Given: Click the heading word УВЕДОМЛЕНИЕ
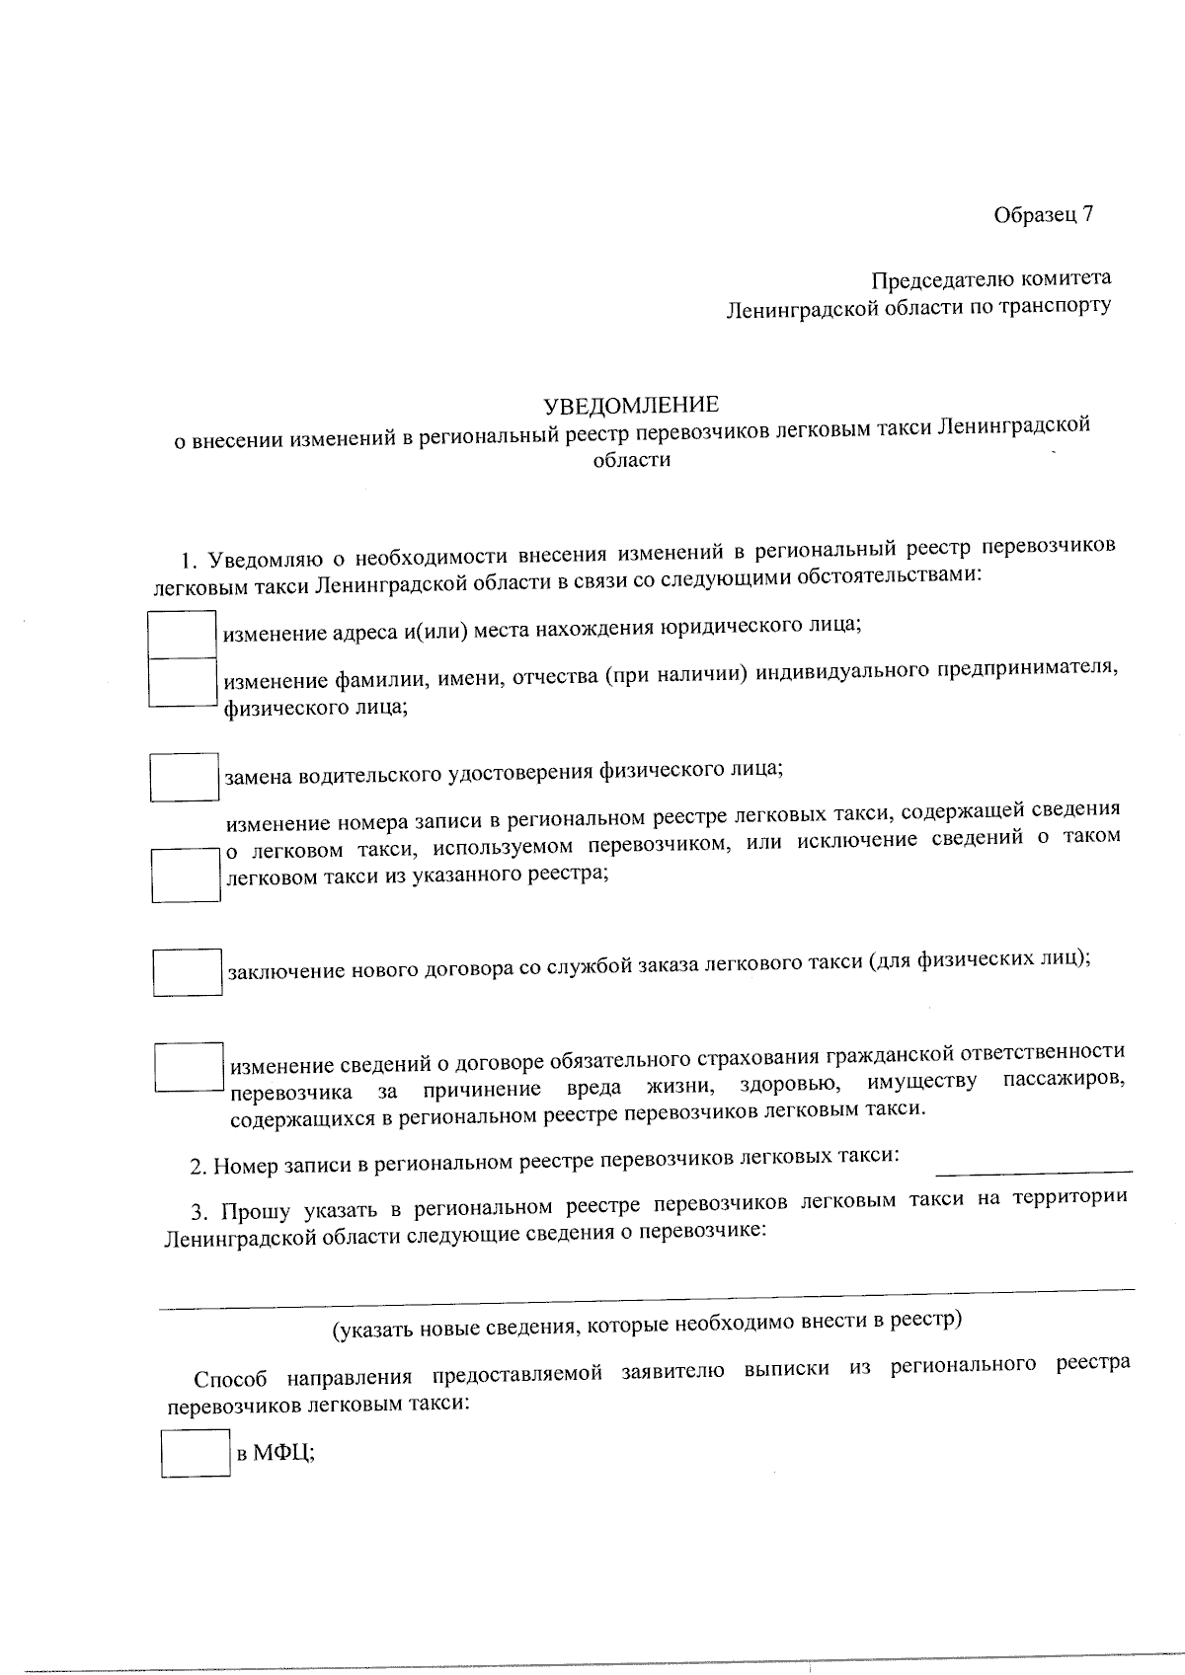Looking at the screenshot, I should pos(632,405).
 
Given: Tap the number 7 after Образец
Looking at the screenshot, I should pos(1087,215).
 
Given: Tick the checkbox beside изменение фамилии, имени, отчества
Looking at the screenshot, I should pos(183,683).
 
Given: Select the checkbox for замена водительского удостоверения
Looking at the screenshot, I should pos(185,777).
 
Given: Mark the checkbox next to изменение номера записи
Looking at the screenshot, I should pos(186,875).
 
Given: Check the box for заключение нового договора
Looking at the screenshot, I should pos(187,971).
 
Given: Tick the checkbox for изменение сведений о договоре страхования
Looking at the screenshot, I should pos(189,1067).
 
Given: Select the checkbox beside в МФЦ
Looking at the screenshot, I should pos(196,1453).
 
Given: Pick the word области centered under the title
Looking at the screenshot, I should pos(632,460).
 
